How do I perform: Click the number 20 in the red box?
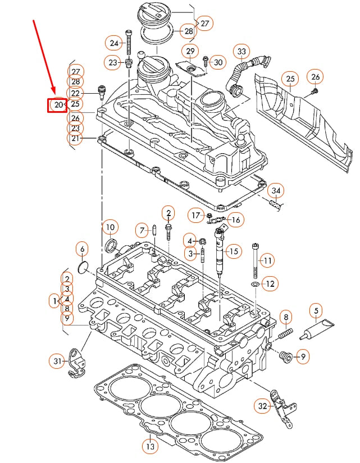point(57,104)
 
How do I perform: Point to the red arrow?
point(44,56)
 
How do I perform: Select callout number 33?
point(241,52)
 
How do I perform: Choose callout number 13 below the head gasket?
point(149,447)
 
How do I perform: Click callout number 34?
point(275,191)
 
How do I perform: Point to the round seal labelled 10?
point(112,245)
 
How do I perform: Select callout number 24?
point(115,43)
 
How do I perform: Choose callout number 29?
point(190,52)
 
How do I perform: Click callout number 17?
point(195,215)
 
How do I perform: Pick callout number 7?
point(143,229)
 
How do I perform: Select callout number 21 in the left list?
point(76,138)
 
